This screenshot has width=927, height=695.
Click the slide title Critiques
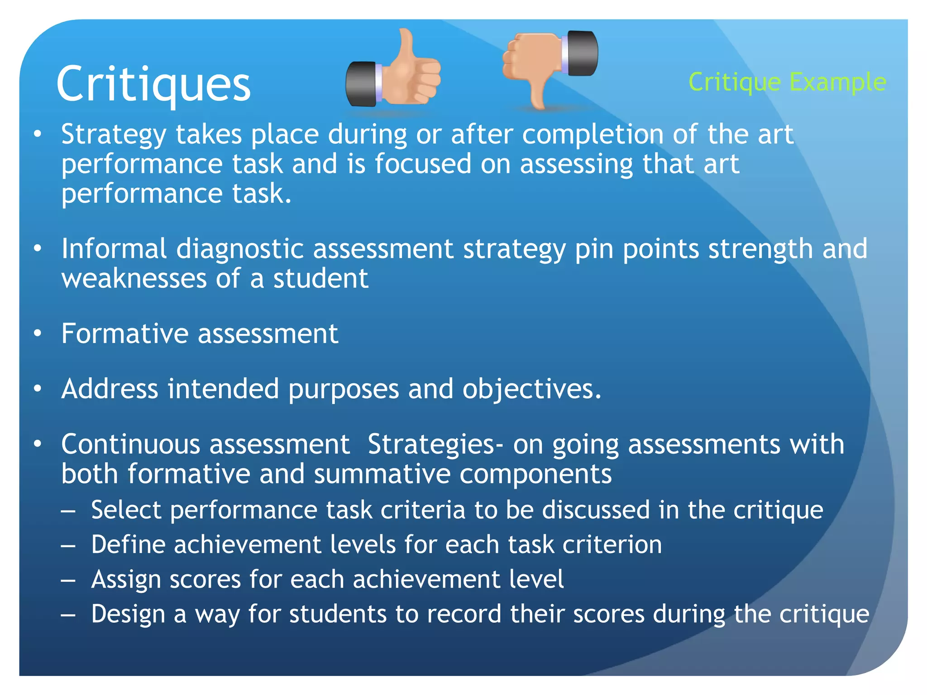(x=153, y=84)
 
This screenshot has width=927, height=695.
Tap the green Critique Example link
(x=787, y=82)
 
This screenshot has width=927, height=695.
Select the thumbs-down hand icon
(x=550, y=66)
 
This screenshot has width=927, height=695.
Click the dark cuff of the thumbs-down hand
(x=583, y=53)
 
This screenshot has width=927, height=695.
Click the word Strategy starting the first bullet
(x=114, y=135)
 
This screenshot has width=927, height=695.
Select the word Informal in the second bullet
(x=114, y=249)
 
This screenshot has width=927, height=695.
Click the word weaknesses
(x=134, y=278)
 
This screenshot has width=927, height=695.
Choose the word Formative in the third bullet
(x=124, y=334)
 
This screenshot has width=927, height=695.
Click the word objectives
(x=531, y=390)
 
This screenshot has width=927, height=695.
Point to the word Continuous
(x=130, y=444)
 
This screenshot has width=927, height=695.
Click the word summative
(x=382, y=474)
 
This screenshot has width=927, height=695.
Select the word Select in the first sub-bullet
(x=126, y=510)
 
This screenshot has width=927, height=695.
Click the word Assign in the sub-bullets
(x=126, y=580)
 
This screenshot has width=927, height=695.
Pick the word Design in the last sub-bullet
(x=128, y=614)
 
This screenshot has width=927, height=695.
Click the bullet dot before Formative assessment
(x=38, y=334)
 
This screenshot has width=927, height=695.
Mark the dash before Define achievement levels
(x=68, y=546)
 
